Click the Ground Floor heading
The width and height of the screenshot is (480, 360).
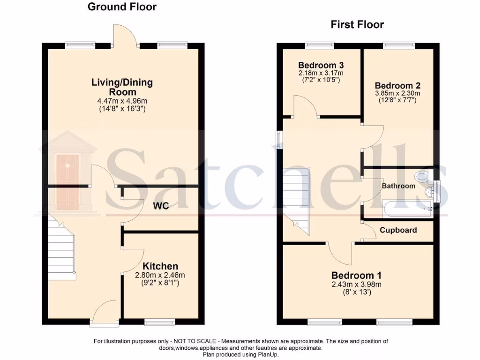[x=122, y=7]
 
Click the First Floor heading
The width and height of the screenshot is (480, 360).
[x=357, y=24]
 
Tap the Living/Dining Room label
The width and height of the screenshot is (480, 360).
[x=122, y=87]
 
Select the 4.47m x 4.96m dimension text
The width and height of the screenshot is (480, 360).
[x=122, y=100]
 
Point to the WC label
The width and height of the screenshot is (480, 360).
[x=160, y=206]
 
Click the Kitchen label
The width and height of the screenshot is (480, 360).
[x=160, y=266]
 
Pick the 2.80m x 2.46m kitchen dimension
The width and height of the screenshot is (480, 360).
[x=160, y=275]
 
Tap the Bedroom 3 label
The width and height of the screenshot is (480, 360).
[x=321, y=65]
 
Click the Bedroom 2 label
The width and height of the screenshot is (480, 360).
[x=397, y=86]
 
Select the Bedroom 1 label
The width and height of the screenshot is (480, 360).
[x=357, y=275]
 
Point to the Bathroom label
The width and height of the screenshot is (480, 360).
[x=398, y=186]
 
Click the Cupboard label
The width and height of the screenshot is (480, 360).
[x=398, y=230]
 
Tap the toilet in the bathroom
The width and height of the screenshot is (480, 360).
[x=423, y=176]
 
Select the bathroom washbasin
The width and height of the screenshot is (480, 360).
[x=429, y=192]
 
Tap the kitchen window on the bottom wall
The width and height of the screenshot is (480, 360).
[x=159, y=322]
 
